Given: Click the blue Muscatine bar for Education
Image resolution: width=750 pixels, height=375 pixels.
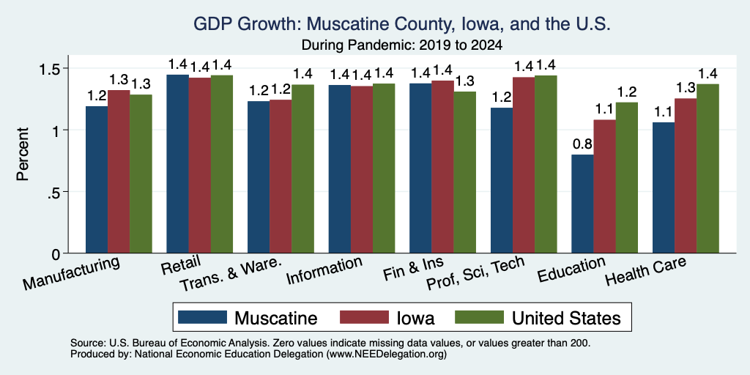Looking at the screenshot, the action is point(582,204).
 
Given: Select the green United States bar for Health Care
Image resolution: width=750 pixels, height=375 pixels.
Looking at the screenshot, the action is point(708,168).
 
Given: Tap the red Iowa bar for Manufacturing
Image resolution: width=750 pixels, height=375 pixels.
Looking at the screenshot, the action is point(119,171).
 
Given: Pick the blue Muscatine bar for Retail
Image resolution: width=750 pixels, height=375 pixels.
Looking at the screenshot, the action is point(177,164).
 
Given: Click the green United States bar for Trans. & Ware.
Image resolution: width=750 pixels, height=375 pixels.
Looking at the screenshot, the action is point(302,169).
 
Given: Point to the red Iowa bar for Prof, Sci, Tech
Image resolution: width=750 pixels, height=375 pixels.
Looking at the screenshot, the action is point(523,165).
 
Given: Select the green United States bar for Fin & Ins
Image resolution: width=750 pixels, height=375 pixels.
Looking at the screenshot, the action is point(465,172).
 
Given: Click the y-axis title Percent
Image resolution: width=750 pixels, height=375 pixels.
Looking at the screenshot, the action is point(23,154).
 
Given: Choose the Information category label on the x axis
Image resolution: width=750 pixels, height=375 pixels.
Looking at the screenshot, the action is point(324,271).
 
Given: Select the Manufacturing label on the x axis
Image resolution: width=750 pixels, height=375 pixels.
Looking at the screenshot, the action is point(71,273).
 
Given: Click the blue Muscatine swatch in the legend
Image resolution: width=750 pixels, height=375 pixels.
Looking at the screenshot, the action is point(202,317).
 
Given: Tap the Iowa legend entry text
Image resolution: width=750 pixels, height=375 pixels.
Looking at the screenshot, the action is point(416,318).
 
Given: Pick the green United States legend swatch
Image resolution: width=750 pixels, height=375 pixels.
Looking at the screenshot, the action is point(479,317).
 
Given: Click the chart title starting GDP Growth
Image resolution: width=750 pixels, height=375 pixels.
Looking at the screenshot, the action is point(402,24).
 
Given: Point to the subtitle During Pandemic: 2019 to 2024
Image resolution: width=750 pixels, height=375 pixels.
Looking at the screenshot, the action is point(402,45).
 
